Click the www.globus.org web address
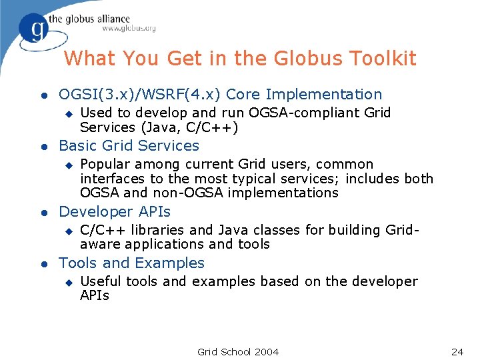click(x=129, y=29)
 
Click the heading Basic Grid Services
click(x=129, y=145)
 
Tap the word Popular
click(x=106, y=164)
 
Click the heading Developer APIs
click(x=115, y=211)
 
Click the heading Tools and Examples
click(x=132, y=263)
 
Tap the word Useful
click(x=100, y=281)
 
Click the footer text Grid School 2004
click(x=238, y=351)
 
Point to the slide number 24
click(x=457, y=351)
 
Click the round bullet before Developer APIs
click(x=42, y=213)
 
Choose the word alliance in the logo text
click(x=108, y=18)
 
